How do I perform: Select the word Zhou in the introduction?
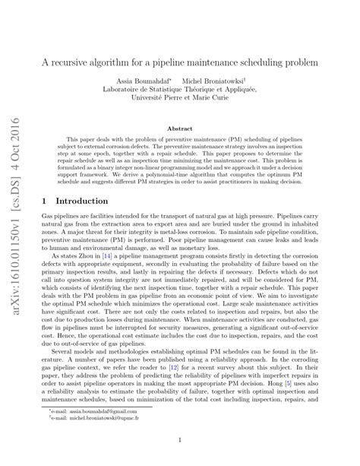[90, 260]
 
